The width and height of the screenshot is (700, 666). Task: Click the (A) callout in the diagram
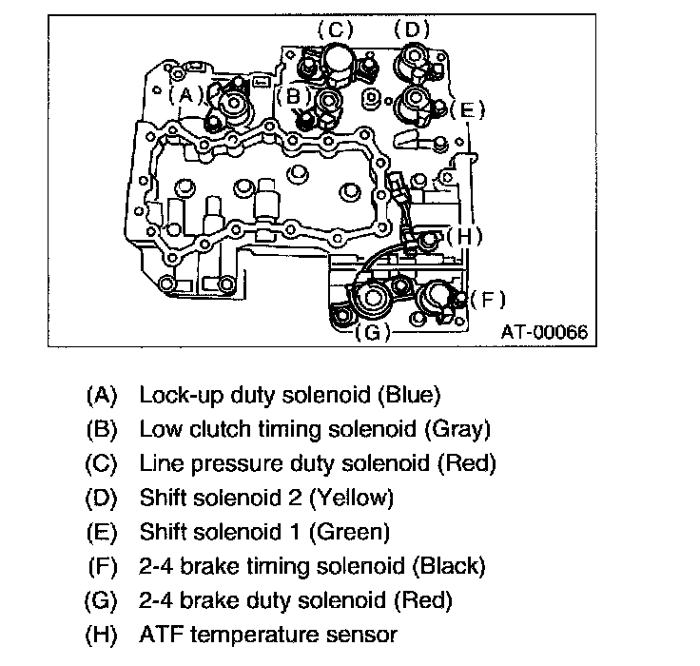pos(186,94)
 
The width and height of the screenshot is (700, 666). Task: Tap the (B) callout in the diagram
pos(294,95)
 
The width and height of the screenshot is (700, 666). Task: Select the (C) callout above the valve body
pos(335,30)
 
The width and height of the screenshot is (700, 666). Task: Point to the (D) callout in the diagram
pos(412,30)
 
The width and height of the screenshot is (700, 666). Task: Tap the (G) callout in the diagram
pos(372,332)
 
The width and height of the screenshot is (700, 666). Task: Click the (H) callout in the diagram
pos(464,235)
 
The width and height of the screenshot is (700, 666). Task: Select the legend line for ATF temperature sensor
pos(267,635)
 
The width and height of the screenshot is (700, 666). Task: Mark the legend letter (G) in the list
pos(101,600)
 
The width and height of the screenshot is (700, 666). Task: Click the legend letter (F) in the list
pos(101,566)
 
